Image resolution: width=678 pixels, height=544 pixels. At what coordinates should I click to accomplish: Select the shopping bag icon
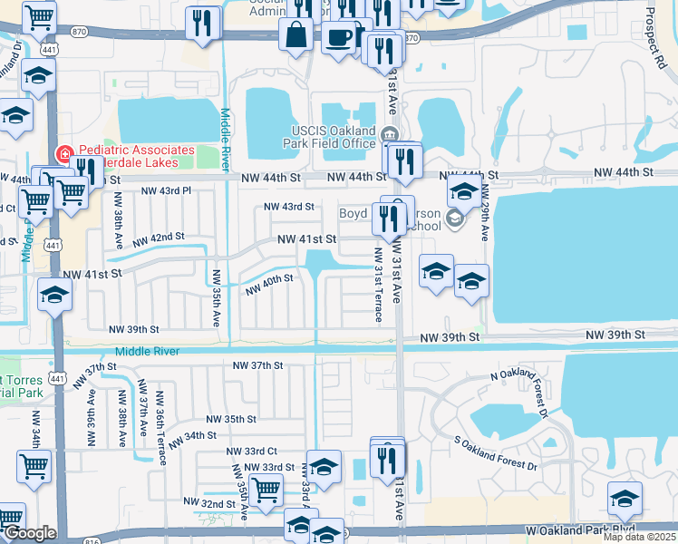tap(297, 37)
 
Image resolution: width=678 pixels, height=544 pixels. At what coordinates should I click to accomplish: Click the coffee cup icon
tap(339, 38)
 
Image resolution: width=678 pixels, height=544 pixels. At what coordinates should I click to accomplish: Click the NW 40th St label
tap(269, 285)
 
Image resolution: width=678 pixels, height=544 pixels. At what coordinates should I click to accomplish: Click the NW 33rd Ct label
tap(254, 451)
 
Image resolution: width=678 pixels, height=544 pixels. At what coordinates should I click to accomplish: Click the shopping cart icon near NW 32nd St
tap(266, 491)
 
